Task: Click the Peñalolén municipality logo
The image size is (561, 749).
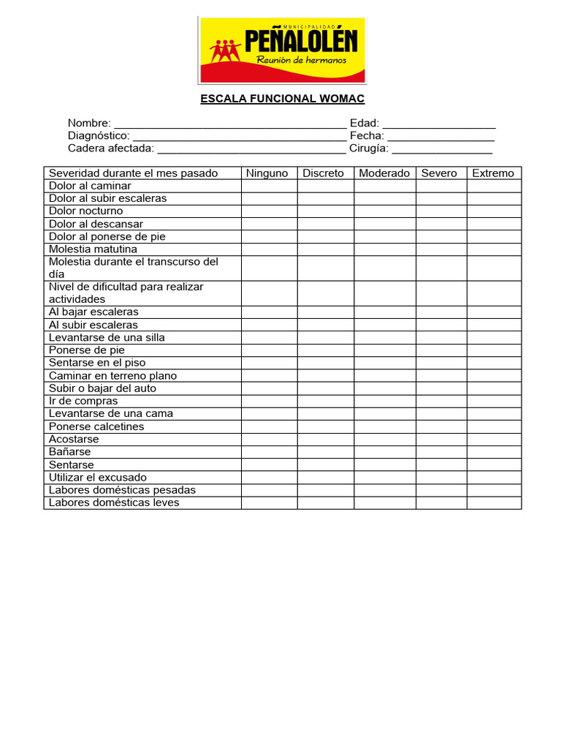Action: coord(283,50)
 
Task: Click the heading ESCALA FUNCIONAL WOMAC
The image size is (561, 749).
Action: coord(283,99)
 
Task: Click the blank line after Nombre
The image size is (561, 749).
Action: coord(230,124)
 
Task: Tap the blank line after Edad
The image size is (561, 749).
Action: coord(439,124)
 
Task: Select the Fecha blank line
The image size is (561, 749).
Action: coord(440,136)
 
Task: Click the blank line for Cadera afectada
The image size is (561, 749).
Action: coord(251,149)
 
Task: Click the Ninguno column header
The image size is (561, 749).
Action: coord(269,173)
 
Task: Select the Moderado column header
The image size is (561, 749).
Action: coord(384,173)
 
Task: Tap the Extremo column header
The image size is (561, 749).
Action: coord(493,173)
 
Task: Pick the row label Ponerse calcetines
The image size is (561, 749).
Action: coord(96,426)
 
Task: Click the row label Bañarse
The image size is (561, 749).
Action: coord(70,452)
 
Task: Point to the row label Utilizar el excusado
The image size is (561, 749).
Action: coord(98,478)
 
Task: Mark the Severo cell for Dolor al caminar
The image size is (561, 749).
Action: coord(441,186)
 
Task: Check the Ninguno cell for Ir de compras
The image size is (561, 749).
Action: coord(269,401)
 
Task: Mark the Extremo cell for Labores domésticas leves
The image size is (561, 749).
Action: coord(494,503)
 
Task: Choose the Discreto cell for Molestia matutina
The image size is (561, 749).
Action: coord(326,249)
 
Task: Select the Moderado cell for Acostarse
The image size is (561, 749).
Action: coord(385,440)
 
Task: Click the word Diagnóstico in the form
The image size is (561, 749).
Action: coord(99,136)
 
